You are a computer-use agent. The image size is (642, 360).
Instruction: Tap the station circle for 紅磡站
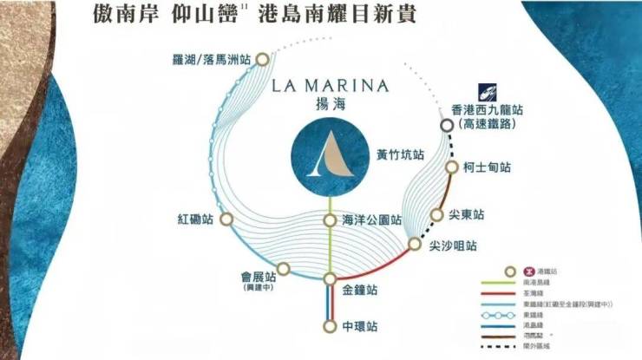[x=226, y=219]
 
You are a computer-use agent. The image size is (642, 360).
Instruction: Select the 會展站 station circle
[x=284, y=269]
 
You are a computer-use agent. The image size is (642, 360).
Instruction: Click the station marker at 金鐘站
[x=330, y=278]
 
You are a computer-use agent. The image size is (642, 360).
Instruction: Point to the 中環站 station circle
[x=330, y=326]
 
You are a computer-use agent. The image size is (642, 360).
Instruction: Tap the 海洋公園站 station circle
[x=330, y=220]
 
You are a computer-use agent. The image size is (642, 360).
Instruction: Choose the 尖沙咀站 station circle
[x=414, y=245]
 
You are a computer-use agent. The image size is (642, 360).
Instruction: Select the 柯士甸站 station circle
[x=452, y=167]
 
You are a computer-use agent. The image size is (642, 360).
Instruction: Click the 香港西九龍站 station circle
[x=446, y=126]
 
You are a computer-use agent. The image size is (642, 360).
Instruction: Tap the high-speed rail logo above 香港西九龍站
[x=487, y=92]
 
